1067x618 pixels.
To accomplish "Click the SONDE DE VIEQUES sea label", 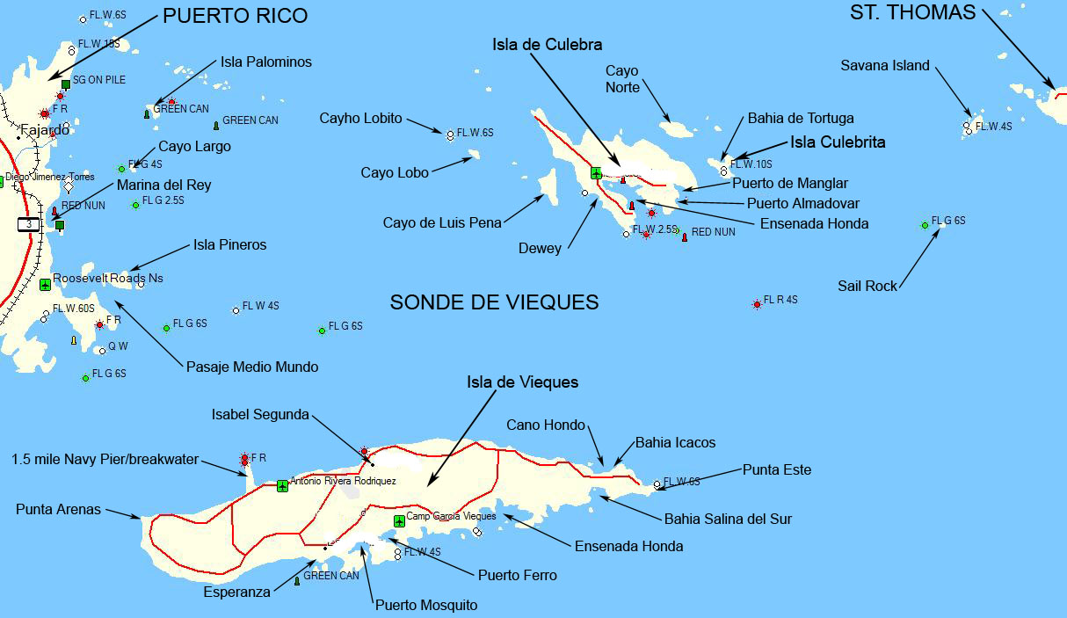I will click(494, 302).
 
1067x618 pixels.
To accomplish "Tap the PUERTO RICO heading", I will click(236, 15).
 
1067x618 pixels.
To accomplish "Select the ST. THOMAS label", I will click(913, 12).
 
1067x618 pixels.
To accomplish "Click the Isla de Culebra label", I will click(547, 44).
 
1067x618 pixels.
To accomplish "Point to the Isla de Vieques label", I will click(522, 382).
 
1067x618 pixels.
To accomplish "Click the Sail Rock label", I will click(867, 286).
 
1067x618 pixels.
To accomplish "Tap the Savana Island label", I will click(884, 66).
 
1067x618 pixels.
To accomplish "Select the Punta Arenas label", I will click(58, 509).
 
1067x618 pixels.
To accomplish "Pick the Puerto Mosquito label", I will click(426, 605).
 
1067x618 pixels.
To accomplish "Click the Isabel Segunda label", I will click(260, 414).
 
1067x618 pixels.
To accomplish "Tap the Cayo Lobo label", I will click(395, 172).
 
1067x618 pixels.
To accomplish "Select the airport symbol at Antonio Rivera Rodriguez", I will click(282, 485).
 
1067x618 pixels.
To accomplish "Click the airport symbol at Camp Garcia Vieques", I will click(399, 521).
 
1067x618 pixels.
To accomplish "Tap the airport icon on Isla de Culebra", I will click(597, 172).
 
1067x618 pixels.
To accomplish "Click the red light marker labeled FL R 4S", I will click(757, 304).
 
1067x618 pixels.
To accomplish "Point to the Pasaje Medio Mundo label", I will click(252, 367).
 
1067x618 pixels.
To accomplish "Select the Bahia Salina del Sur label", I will click(728, 519).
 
